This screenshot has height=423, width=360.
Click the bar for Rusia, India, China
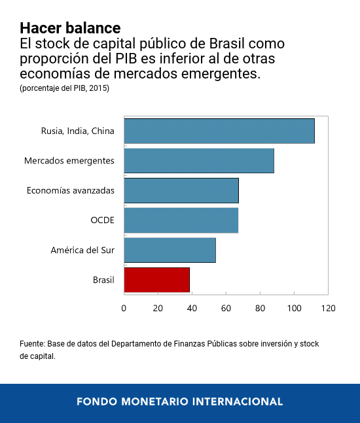(219, 131)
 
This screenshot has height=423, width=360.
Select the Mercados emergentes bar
(198, 161)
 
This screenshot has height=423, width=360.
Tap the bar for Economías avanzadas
(181, 190)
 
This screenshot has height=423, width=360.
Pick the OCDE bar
(181, 220)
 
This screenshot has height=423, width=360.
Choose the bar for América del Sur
(170, 250)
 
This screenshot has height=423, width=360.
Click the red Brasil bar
(156, 280)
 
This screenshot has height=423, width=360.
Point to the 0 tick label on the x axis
(124, 308)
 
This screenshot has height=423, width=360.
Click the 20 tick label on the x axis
(158, 308)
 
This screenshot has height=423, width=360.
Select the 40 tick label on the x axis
(192, 308)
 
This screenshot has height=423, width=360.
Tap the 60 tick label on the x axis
(226, 308)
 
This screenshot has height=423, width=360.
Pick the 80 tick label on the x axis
(260, 308)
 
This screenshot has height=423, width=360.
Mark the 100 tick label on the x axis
(294, 308)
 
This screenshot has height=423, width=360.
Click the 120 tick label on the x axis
(328, 308)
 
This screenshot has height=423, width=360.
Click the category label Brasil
(103, 280)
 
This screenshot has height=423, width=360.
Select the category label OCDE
(102, 220)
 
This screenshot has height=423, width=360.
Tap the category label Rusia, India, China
(77, 131)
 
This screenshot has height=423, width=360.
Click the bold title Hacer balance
(70, 28)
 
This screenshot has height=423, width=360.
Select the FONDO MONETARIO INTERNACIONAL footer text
(180, 401)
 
